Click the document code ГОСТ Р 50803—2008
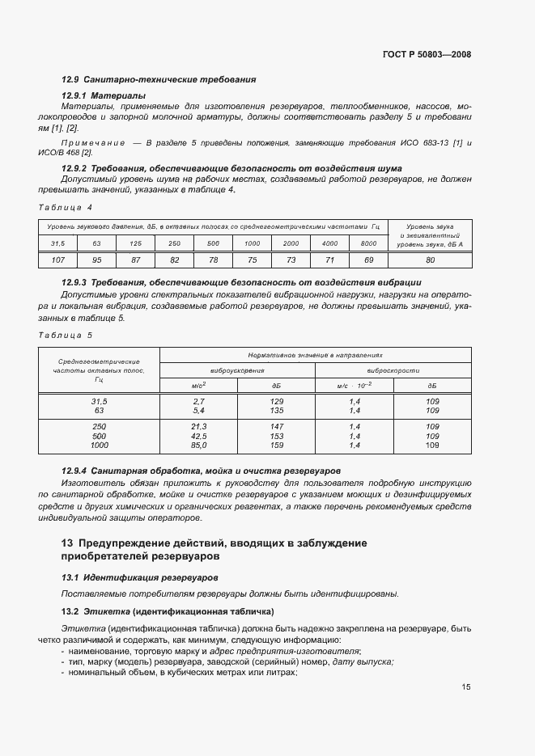[427, 54]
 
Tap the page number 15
[466, 687]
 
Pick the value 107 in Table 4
[57, 260]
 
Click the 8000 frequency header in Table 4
[368, 243]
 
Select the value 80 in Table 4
[430, 260]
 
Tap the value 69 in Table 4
[368, 260]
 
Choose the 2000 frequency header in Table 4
[291, 243]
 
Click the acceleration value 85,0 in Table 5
[198, 445]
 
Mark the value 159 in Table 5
[276, 445]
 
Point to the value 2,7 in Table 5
[198, 401]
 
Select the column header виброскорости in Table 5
[393, 370]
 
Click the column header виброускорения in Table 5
[237, 370]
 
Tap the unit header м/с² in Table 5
[198, 386]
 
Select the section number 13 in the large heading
[67, 542]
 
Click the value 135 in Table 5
[276, 410]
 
